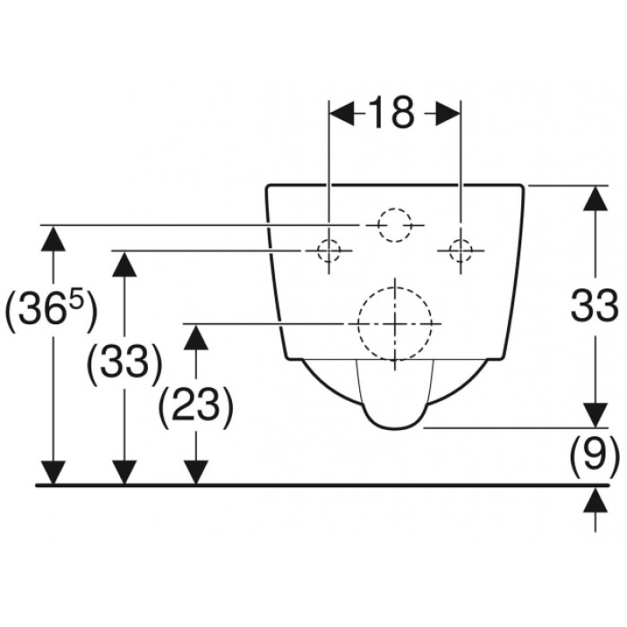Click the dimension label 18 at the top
coord(391,113)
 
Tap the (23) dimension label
coord(196,408)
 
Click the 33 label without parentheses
coord(595,305)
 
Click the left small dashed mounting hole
coord(329,251)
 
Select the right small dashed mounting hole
coord(460,251)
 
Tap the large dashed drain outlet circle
coord(358,323)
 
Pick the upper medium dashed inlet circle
coord(379,225)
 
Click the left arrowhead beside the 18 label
coord(341,113)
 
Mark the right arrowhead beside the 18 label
coord(448,113)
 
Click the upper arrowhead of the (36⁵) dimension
coord(53,239)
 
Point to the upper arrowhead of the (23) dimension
coord(196,337)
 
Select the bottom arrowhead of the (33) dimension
coord(125,472)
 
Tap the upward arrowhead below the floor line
coord(596,500)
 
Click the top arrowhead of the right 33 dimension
coord(596,198)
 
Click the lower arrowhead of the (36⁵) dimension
coord(53,472)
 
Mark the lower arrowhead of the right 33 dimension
coord(596,415)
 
